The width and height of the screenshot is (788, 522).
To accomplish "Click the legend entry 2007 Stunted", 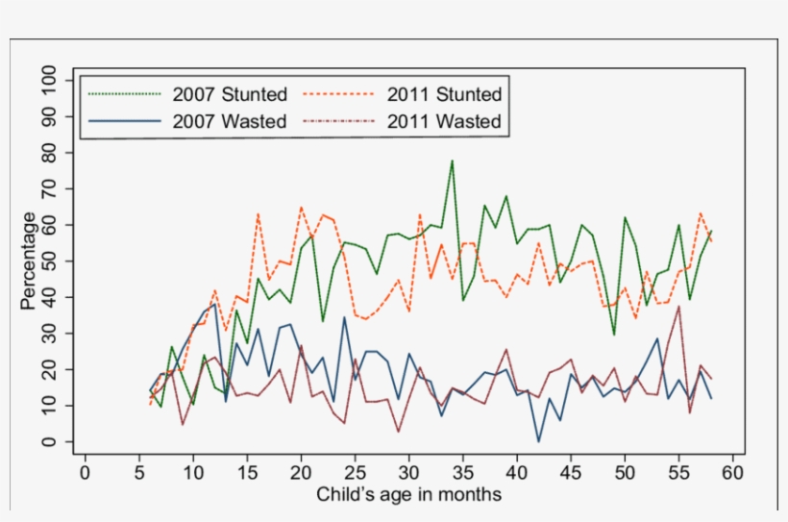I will [x=230, y=94].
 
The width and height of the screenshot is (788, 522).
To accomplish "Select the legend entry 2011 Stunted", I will [x=444, y=94].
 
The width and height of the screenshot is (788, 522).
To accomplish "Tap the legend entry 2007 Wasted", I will [x=230, y=121].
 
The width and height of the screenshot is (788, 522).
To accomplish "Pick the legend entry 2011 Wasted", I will [x=444, y=121].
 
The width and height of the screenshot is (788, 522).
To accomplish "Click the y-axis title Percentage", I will [x=29, y=261].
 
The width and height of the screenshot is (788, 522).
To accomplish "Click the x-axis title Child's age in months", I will [x=408, y=495].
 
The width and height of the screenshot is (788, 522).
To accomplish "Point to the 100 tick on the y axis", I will [x=51, y=80].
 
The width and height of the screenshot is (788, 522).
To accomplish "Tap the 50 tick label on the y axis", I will [x=51, y=261].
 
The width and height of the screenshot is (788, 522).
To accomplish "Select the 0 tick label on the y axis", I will [x=51, y=442].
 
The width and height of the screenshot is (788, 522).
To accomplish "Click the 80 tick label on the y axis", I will [x=51, y=152].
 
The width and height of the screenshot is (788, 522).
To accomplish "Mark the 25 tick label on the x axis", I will [x=355, y=472].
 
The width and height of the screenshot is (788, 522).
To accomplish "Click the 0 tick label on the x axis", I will [x=85, y=472].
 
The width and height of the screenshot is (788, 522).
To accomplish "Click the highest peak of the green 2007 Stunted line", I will [x=452, y=161].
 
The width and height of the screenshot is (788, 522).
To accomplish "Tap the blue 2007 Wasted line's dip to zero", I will [x=538, y=441].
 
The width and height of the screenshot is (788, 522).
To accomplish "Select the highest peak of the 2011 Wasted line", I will [x=679, y=307].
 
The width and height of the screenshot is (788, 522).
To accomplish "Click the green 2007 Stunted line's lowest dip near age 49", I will [x=614, y=335].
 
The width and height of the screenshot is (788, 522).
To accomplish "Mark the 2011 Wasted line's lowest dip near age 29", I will [x=398, y=432].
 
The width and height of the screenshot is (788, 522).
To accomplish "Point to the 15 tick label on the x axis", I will [x=247, y=472].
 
